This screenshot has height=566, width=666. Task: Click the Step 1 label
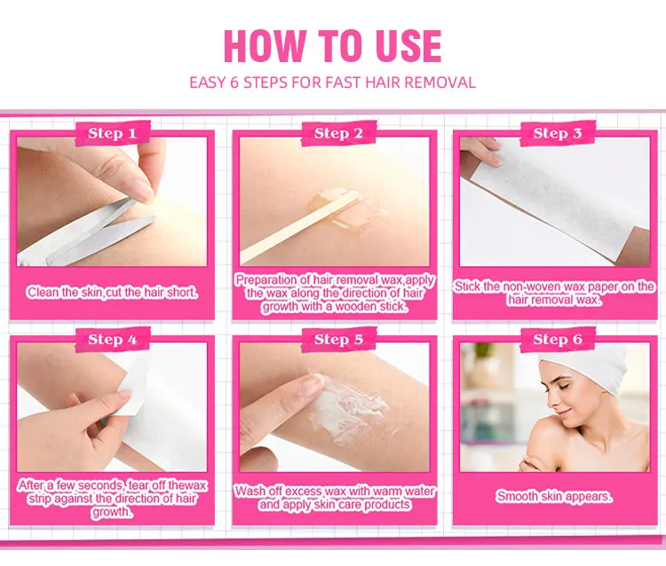[112, 133]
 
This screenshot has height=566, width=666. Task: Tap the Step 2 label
[338, 133]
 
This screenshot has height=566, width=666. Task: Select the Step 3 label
[558, 133]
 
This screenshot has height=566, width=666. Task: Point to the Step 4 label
[112, 340]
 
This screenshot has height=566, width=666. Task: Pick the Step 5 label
[338, 340]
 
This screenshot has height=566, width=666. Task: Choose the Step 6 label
[558, 340]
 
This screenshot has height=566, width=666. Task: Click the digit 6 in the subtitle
[234, 83]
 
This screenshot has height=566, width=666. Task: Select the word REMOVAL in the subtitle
[440, 83]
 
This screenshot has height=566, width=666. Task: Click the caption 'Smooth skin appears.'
[554, 496]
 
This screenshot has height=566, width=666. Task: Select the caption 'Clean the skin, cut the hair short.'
[112, 293]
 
